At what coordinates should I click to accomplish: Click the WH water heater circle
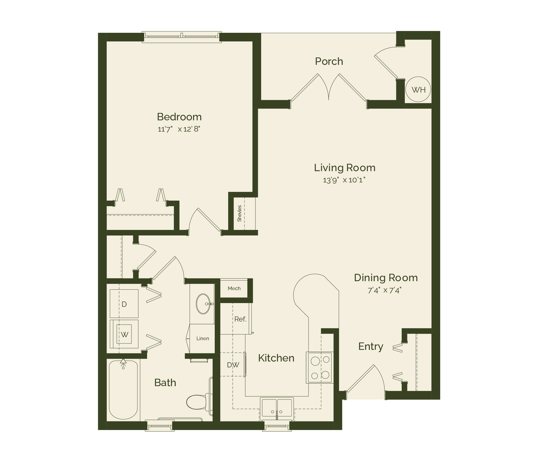click(x=418, y=90)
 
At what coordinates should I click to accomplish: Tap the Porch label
click(x=329, y=62)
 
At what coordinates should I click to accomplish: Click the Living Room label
click(x=345, y=168)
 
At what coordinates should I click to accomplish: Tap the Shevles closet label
click(x=239, y=213)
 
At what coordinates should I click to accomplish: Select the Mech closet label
click(x=234, y=289)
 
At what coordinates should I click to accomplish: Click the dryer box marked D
click(x=124, y=304)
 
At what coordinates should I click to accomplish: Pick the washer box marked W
click(x=124, y=334)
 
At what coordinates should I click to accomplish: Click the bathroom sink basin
click(x=203, y=304)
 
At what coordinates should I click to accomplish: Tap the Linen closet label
click(x=203, y=339)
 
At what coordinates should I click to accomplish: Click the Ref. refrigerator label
click(x=240, y=319)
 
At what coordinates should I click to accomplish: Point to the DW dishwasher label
click(x=233, y=365)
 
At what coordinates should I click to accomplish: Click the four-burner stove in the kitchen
click(x=320, y=367)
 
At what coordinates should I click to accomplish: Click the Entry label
click(x=370, y=346)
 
